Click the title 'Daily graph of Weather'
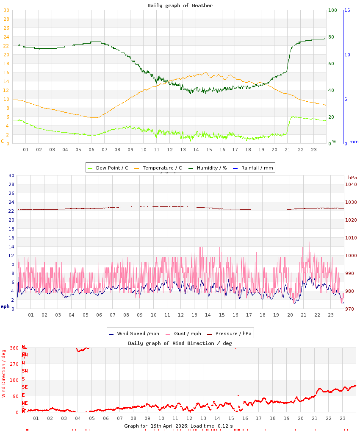[180, 6]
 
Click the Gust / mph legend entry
[186, 334]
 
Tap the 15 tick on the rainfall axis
[347, 10]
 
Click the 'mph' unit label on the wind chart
[5, 306]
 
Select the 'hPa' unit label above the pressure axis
[352, 177]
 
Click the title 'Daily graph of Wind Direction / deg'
[180, 343]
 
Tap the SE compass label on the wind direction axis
[25, 387]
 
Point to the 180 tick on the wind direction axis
[14, 380]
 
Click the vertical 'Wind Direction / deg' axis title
[4, 373]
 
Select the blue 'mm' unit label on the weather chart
[354, 142]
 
